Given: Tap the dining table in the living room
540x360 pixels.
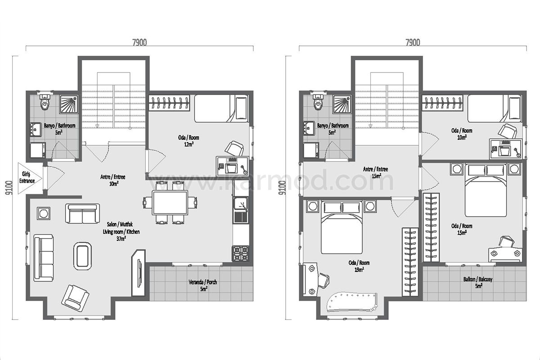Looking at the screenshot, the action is [170, 202].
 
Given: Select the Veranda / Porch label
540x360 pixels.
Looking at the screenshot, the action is [203, 285].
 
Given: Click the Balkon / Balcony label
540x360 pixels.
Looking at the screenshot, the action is [478, 283].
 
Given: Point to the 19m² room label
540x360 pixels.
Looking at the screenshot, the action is [359, 266].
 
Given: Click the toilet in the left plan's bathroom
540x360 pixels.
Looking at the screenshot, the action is [45, 103].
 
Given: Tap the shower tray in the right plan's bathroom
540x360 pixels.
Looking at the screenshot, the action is [342, 104].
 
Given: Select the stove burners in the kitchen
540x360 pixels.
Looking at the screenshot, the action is [241, 253].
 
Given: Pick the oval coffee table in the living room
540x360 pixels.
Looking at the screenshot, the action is [83, 256].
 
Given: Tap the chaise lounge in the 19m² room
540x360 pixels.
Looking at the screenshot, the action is [351, 302].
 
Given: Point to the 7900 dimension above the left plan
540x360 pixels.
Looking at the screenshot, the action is [139, 42].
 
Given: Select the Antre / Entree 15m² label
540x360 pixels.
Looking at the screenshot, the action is [376, 172].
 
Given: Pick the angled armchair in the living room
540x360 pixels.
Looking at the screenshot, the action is [75, 298].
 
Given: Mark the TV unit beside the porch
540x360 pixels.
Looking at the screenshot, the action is [139, 273].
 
